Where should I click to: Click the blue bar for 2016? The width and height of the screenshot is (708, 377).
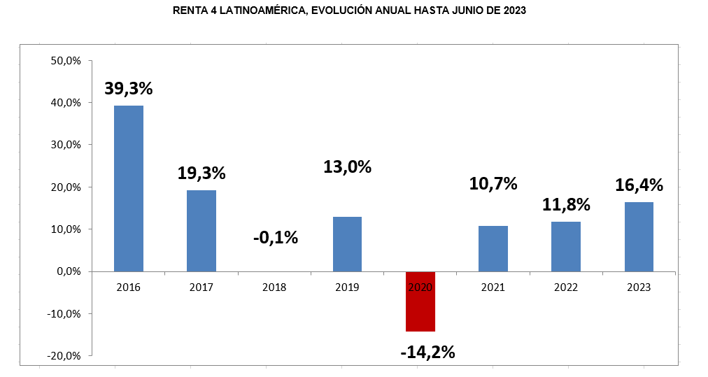click(129, 188)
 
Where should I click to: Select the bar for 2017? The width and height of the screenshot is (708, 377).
click(201, 231)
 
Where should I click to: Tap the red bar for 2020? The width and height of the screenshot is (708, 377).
click(420, 301)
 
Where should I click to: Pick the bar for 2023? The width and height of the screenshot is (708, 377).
click(639, 236)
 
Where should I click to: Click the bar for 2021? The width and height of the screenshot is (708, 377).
click(493, 248)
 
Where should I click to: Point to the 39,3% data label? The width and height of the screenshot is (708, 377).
click(129, 89)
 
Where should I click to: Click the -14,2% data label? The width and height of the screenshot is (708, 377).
click(427, 352)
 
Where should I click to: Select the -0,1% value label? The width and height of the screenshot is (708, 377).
click(275, 238)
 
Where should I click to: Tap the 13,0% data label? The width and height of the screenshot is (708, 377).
click(347, 167)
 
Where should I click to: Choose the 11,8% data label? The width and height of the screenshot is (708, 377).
click(566, 205)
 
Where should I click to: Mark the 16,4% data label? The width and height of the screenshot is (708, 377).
click(639, 185)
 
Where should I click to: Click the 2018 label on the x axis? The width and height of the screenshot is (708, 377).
click(274, 287)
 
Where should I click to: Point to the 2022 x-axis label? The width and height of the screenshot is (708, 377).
click(566, 287)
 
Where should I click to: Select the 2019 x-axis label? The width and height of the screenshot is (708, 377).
click(347, 287)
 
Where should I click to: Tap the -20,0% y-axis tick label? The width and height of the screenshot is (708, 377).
click(65, 355)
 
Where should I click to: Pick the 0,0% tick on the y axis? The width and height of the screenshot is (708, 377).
click(69, 271)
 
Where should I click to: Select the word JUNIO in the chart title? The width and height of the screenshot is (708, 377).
click(465, 10)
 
